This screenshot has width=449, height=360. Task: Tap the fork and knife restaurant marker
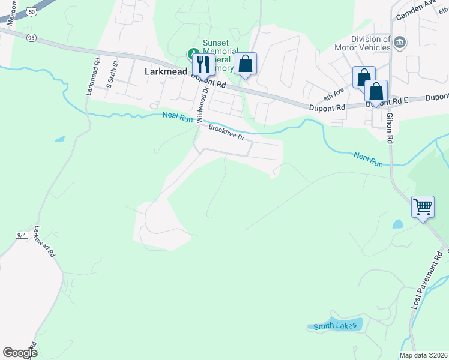[202, 63]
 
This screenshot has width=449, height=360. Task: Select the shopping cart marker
[423, 207]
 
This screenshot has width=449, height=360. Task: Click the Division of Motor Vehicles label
[370, 43]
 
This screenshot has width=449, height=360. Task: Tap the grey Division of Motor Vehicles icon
[400, 42]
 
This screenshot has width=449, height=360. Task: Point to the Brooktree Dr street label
[226, 132]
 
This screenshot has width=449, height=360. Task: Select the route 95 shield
[32, 37]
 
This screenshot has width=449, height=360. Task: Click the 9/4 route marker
[22, 235]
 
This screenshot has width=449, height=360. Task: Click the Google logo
[20, 353]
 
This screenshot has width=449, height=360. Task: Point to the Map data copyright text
[423, 355]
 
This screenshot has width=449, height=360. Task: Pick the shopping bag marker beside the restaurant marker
[245, 64]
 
